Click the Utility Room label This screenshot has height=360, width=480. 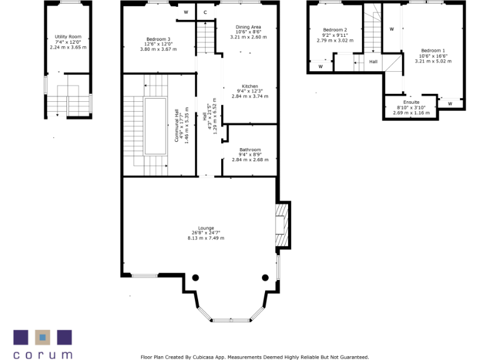coord(68,37)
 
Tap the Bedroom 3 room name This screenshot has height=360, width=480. coord(157,39)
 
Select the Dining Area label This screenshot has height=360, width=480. coord(248,27)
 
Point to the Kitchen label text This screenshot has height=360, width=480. coord(250,86)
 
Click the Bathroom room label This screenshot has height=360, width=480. coord(250,150)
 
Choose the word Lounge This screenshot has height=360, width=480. coord(206,228)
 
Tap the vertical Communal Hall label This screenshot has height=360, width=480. coord(177,126)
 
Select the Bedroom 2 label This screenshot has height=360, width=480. coord(334,30)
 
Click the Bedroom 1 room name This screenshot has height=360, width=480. coord(433,51)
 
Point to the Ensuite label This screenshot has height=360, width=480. coord(411,102)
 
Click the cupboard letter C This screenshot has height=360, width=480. coord(205,12)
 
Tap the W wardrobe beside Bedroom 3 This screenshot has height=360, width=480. coord(186,12)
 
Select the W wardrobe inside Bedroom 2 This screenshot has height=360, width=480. coord(320,66)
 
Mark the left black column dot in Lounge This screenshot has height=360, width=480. coord(196,277)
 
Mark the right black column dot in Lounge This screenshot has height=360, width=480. coord(265,277)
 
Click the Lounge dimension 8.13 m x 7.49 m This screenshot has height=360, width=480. coord(206,238)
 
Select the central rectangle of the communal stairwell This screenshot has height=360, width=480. coord(156,126)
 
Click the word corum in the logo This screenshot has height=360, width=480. coord(43,354)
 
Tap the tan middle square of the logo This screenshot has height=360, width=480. coord(42,337)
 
